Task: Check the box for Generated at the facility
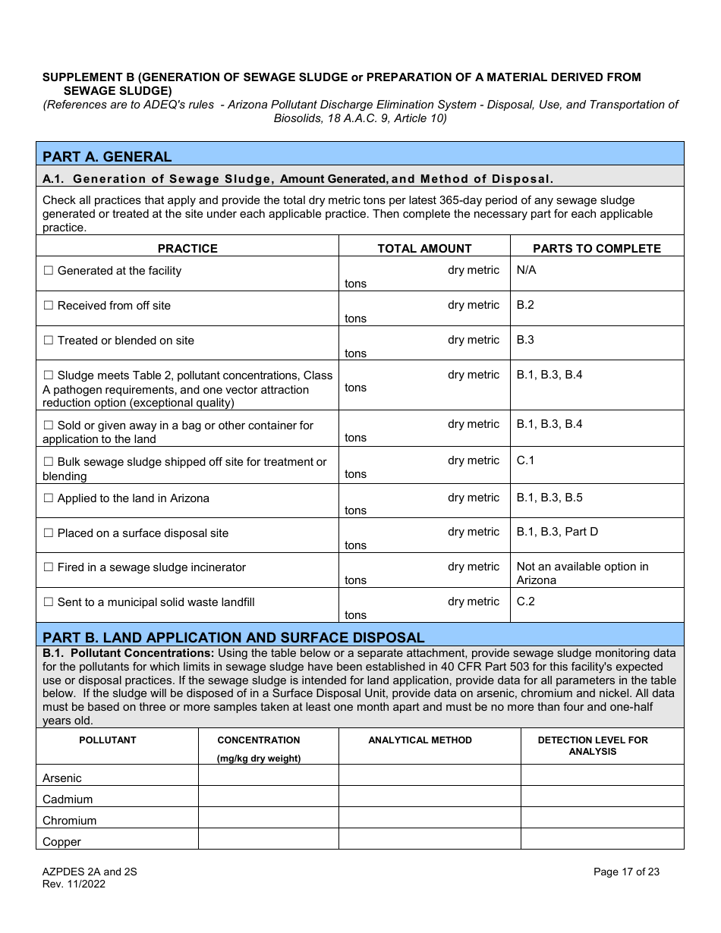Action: (x=49, y=272)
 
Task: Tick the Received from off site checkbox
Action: (x=49, y=306)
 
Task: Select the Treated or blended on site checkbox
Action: (x=49, y=341)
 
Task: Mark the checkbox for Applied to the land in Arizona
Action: (x=49, y=499)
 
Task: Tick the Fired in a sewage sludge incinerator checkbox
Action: (x=49, y=568)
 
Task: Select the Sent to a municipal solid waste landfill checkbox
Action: (x=49, y=603)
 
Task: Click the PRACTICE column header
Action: (x=187, y=249)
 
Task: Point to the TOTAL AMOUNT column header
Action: (x=424, y=249)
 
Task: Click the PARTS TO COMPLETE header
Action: (x=597, y=249)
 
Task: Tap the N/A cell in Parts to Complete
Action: (x=527, y=270)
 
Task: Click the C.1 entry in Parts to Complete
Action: (x=525, y=460)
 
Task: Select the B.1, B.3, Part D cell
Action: (x=557, y=532)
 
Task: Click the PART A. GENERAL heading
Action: (x=107, y=157)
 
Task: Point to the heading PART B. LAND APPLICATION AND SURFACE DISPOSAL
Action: (x=234, y=637)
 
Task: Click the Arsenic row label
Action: (x=62, y=778)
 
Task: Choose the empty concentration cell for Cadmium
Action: (x=268, y=796)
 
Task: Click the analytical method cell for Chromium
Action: (x=429, y=818)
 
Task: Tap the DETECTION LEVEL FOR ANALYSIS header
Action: (x=593, y=746)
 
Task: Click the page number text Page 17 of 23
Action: (x=626, y=872)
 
